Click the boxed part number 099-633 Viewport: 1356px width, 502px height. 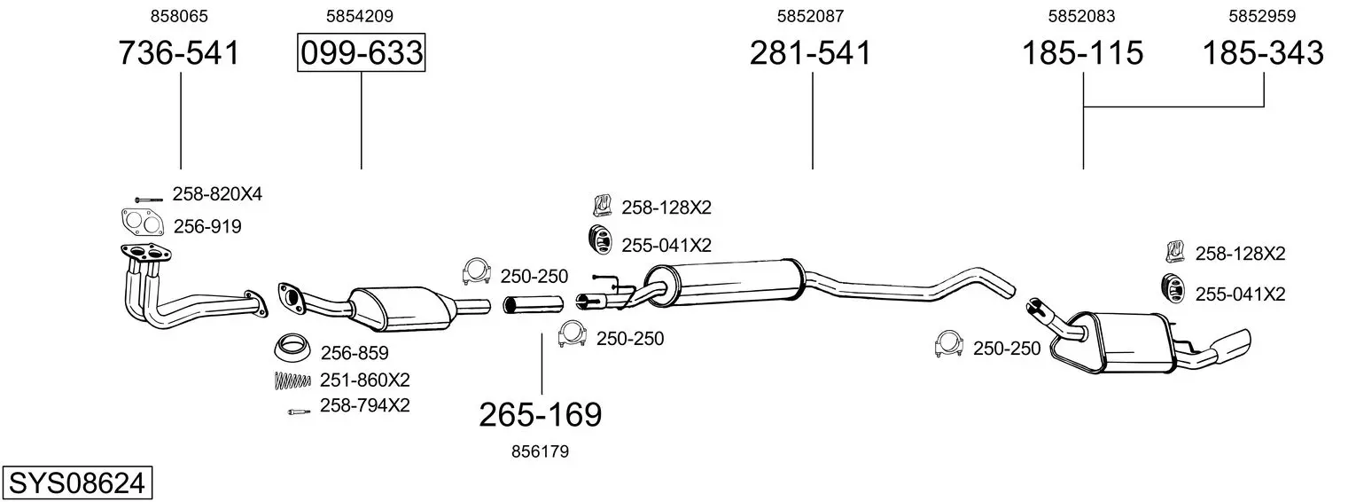(x=362, y=52)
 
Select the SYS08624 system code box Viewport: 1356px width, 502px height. (x=77, y=483)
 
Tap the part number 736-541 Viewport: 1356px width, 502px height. (x=179, y=52)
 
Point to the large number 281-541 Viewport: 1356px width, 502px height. (x=811, y=52)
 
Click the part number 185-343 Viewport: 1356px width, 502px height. (x=1263, y=52)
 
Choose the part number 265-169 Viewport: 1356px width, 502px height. (x=541, y=415)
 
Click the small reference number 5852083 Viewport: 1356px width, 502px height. (x=1082, y=16)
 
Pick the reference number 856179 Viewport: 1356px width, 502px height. (x=541, y=451)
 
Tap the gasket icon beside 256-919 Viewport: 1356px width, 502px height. (x=143, y=223)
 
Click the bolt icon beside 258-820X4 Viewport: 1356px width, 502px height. (x=149, y=200)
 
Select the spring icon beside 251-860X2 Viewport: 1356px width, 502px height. (x=292, y=380)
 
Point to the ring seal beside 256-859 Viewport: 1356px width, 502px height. (x=293, y=347)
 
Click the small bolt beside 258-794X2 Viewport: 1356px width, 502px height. (x=299, y=412)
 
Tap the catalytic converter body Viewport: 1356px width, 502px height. (x=402, y=309)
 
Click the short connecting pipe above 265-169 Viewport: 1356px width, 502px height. (x=534, y=303)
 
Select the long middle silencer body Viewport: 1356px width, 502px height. (x=723, y=284)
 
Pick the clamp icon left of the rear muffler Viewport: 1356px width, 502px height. (x=948, y=344)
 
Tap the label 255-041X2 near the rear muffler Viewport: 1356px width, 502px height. (x=1240, y=294)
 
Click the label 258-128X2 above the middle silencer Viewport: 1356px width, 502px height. (x=666, y=208)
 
